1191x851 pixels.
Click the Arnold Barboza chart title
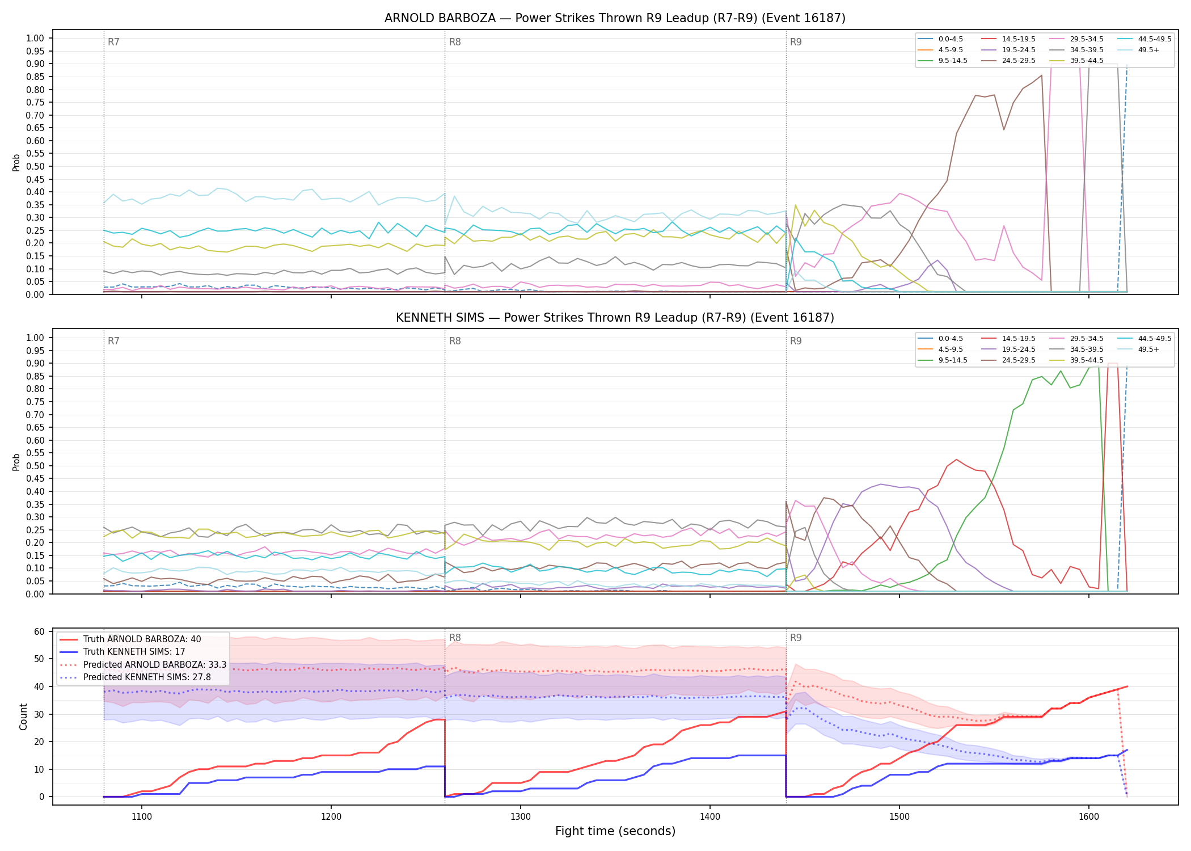[x=615, y=18]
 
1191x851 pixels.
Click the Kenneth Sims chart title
[x=615, y=318]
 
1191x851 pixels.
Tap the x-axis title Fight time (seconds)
[x=615, y=831]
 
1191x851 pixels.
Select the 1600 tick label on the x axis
[x=1089, y=817]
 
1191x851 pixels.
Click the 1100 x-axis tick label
[x=142, y=817]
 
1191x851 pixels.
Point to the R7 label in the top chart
[x=113, y=42]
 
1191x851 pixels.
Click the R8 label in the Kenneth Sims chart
[x=455, y=341]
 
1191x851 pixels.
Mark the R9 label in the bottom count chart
[x=796, y=638]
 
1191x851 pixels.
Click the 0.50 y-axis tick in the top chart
[x=35, y=166]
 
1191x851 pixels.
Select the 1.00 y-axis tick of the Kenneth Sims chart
[x=35, y=338]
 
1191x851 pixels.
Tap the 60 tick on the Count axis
[x=40, y=631]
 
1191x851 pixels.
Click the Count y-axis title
[x=23, y=717]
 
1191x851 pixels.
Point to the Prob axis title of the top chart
[x=16, y=162]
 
